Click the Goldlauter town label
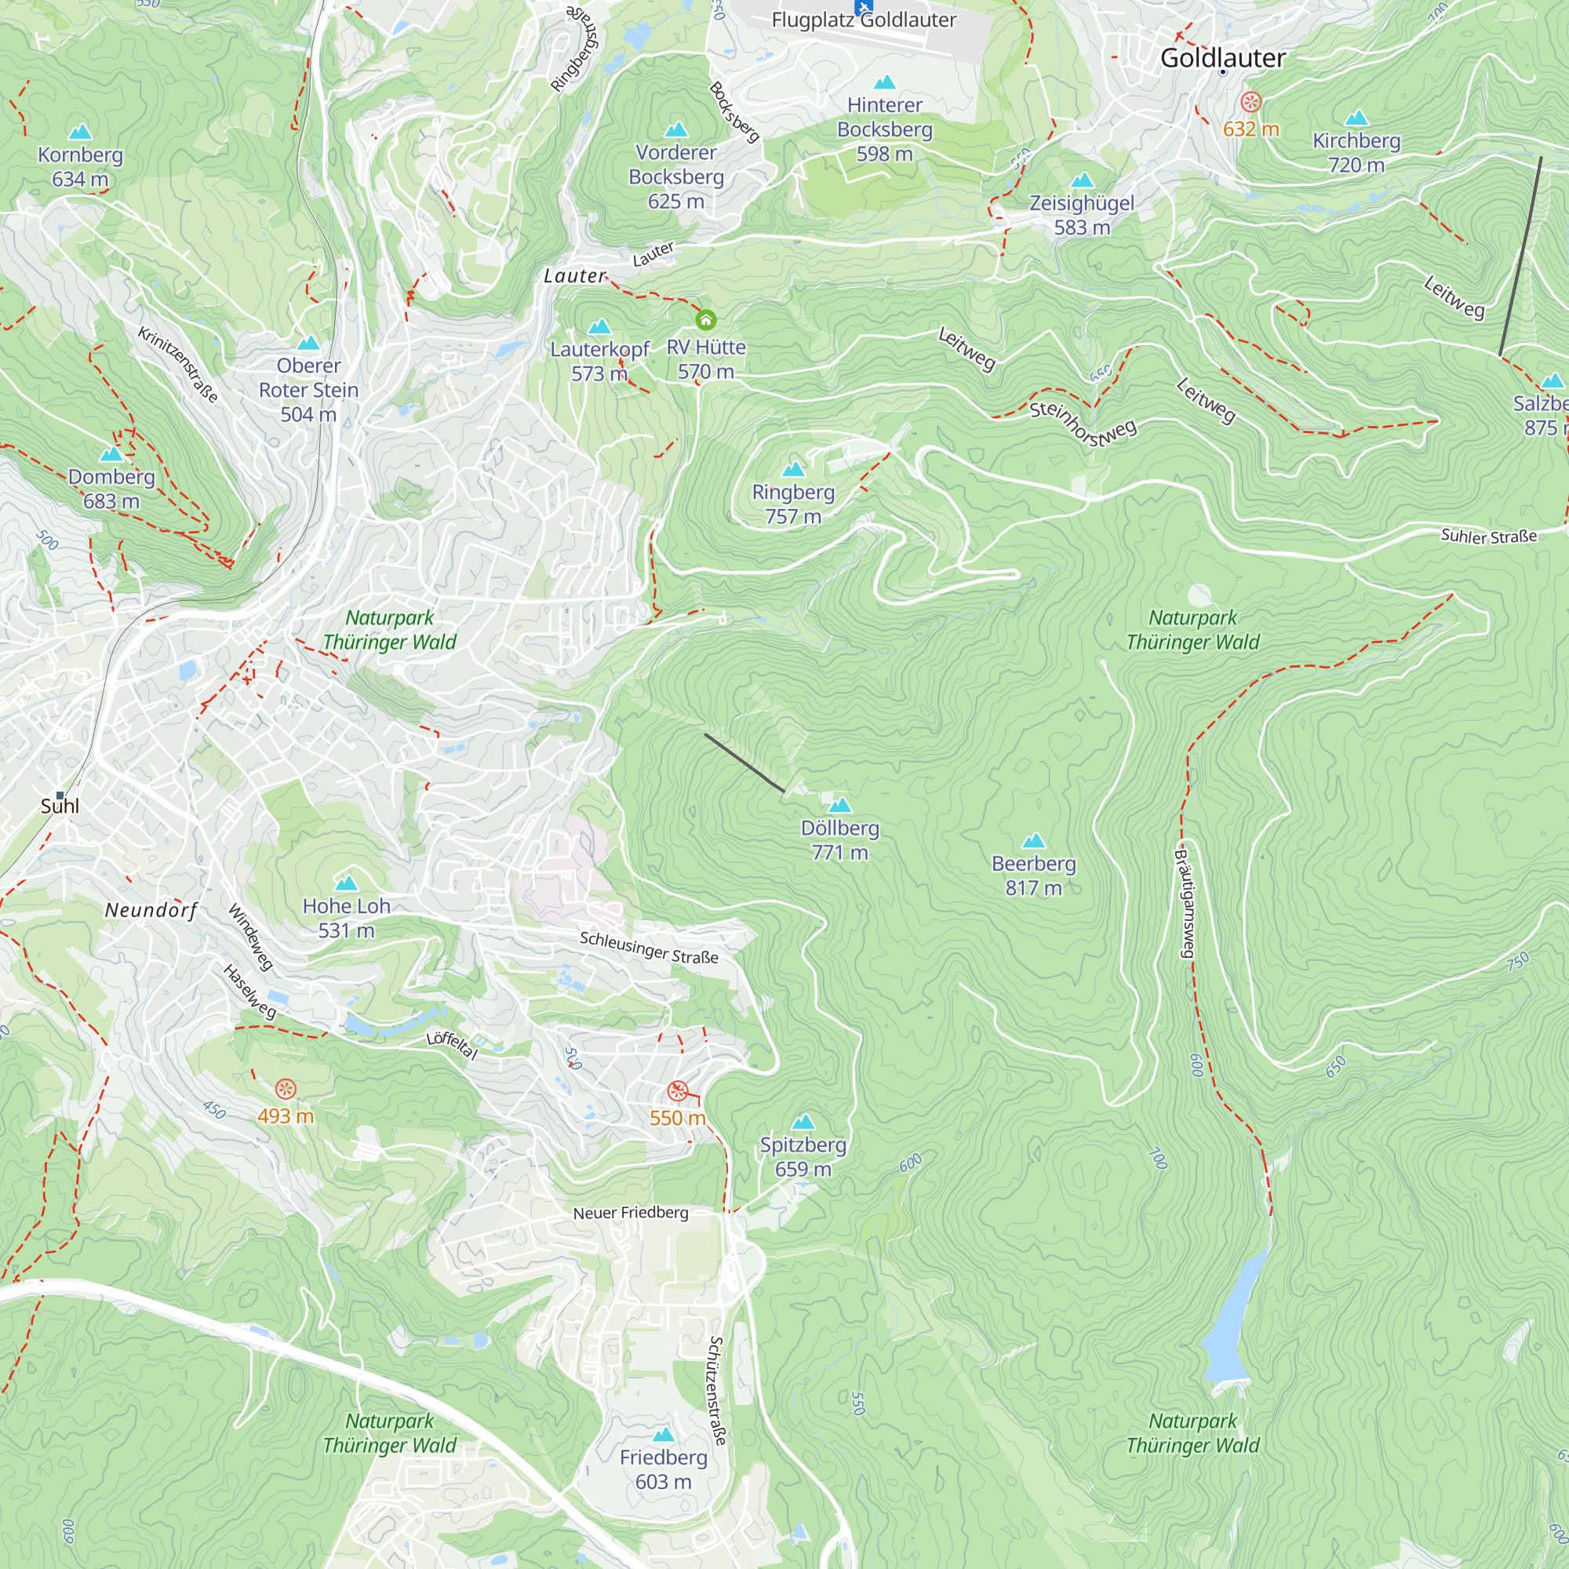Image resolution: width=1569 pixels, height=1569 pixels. [1222, 57]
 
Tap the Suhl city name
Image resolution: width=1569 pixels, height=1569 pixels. [60, 806]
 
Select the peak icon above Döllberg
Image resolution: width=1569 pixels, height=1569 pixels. [839, 805]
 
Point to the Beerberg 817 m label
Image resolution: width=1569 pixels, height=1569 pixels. [1033, 876]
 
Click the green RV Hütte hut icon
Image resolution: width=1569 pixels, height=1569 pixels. [706, 319]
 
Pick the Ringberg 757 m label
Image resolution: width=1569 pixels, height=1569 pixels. [792, 504]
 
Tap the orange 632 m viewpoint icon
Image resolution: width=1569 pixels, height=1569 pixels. [1250, 101]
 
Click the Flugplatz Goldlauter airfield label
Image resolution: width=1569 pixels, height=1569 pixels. [863, 20]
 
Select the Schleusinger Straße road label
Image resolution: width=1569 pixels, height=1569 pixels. [648, 948]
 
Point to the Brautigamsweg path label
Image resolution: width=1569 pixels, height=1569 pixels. [1185, 901]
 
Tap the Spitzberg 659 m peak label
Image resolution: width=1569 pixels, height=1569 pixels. [803, 1156]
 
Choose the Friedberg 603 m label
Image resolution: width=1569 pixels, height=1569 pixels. [663, 1469]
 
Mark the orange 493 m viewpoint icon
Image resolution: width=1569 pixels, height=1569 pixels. [285, 1089]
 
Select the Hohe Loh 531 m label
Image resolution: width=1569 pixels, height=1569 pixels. [346, 918]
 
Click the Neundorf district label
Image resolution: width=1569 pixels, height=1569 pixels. [151, 910]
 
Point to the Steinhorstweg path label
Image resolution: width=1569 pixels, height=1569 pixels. [1083, 422]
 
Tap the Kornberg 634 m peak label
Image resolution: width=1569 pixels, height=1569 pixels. [79, 166]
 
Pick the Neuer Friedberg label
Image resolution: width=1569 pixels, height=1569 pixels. [630, 1213]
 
